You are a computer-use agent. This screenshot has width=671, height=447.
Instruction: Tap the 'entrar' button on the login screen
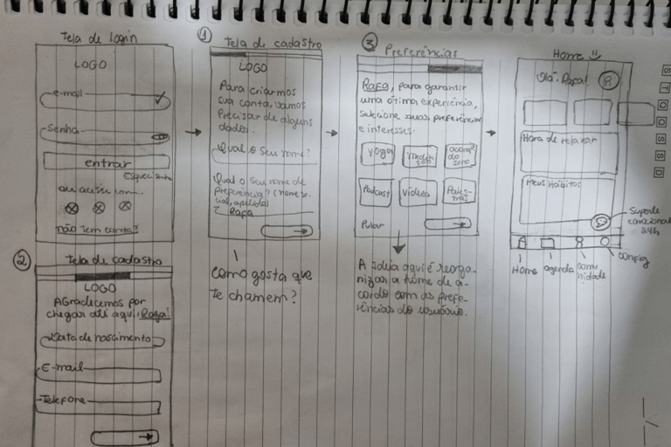(x=107, y=162)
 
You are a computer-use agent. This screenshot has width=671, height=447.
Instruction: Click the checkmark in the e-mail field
(x=159, y=100)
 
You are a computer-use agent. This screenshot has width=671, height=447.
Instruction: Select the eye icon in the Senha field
(x=160, y=137)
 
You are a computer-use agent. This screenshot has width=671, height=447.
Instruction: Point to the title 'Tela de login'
(x=99, y=38)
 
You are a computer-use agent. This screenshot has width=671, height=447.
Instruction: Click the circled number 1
(x=204, y=36)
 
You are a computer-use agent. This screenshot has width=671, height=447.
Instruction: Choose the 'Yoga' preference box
(x=378, y=153)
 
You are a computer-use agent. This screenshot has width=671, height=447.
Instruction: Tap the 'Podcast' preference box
(x=377, y=192)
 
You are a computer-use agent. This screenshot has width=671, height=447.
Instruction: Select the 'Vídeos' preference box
(x=419, y=192)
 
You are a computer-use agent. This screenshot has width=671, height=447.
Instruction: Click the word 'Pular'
(x=372, y=225)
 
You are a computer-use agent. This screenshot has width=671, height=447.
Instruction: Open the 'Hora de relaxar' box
(x=569, y=150)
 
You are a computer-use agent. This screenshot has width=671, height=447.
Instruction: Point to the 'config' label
(x=633, y=259)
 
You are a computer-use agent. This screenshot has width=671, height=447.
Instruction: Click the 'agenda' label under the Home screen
(x=558, y=269)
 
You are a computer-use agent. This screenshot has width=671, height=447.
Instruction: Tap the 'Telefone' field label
(x=63, y=400)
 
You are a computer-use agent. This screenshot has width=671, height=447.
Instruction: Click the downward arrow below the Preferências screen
(x=399, y=243)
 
